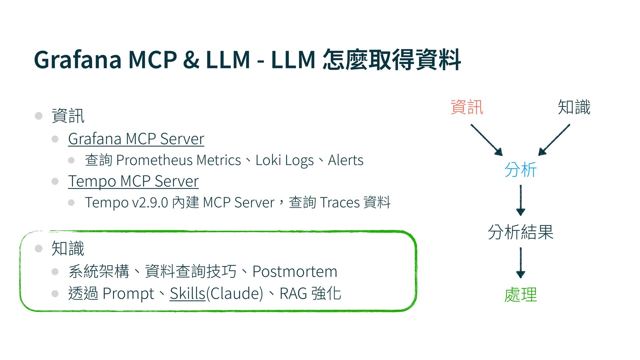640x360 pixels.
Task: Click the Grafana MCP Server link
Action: [x=136, y=139]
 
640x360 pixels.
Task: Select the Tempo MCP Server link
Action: [x=133, y=181]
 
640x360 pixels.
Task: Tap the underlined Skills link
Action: [x=187, y=294]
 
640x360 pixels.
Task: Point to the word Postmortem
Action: [x=295, y=271]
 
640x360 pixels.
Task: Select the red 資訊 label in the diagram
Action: [x=467, y=107]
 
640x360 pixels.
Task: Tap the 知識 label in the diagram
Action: [x=574, y=107]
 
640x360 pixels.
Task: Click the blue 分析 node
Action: [x=520, y=170]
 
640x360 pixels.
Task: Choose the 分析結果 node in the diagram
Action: [x=520, y=232]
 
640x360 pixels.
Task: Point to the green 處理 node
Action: [x=520, y=295]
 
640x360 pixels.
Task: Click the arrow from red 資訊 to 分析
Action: [x=486, y=140]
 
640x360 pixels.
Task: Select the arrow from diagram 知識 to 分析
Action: [x=554, y=140]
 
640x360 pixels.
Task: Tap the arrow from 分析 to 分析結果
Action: [x=520, y=200]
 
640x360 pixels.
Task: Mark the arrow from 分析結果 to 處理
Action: [x=520, y=263]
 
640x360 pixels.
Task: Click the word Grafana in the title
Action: [x=78, y=60]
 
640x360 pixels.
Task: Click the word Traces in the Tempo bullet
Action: [x=340, y=203]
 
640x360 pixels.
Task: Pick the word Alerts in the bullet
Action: [x=346, y=160]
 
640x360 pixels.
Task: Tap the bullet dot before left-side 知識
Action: [x=39, y=249]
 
